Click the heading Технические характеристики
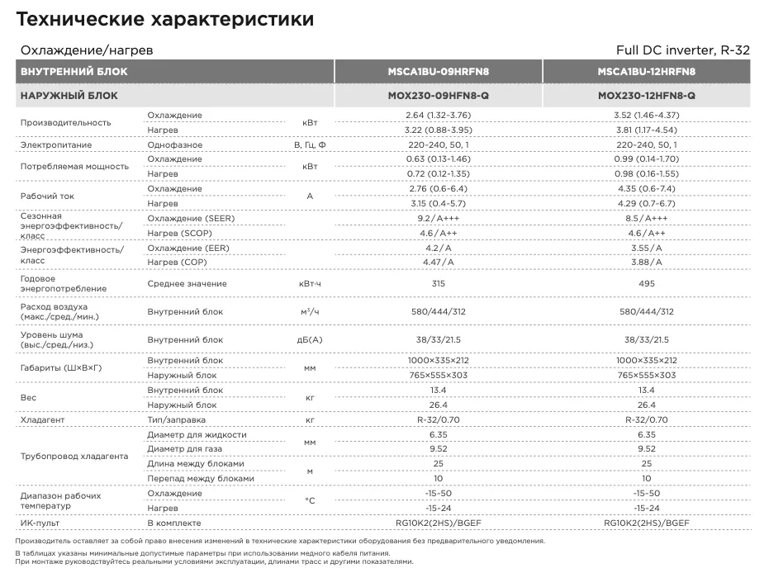[x=164, y=19]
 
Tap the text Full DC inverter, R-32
[x=682, y=50]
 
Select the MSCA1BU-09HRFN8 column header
[x=438, y=72]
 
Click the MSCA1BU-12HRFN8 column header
[x=646, y=72]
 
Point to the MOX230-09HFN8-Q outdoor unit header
[x=438, y=96]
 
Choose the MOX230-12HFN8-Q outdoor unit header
[x=646, y=96]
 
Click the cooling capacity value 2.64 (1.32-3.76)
[x=438, y=115]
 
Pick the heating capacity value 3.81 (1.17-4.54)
[x=646, y=130]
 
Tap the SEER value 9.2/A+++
[x=438, y=219]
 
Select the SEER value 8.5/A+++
[x=646, y=219]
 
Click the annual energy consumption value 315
[x=438, y=283]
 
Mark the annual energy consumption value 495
[x=646, y=283]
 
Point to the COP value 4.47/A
[x=438, y=262]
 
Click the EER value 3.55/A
[x=646, y=248]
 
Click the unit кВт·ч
[x=310, y=283]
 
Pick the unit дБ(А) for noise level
[x=310, y=339]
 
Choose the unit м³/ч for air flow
[x=310, y=312]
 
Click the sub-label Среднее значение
[x=187, y=283]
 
